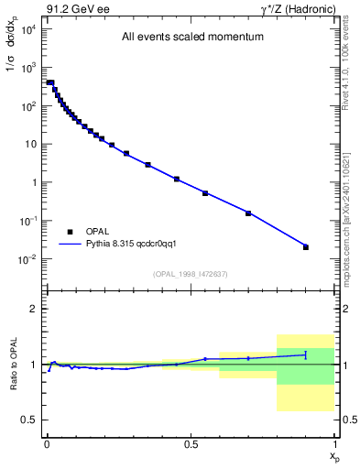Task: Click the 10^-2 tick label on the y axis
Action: pyautogui.click(x=28, y=259)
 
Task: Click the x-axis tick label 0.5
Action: pyautogui.click(x=191, y=443)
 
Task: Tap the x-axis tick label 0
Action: pyautogui.click(x=47, y=443)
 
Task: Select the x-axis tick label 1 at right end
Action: pyautogui.click(x=334, y=443)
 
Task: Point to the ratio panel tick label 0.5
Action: pyautogui.click(x=30, y=420)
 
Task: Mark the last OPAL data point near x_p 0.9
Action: pyautogui.click(x=306, y=246)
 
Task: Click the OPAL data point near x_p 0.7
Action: pyautogui.click(x=248, y=213)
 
